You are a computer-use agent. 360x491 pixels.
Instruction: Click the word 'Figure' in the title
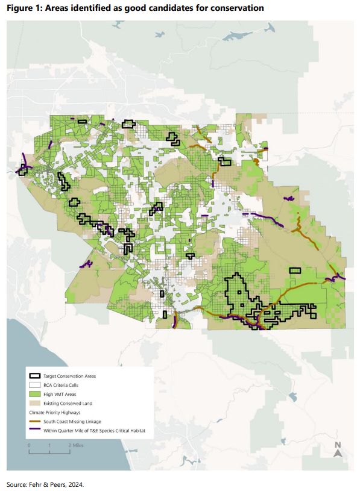point(22,8)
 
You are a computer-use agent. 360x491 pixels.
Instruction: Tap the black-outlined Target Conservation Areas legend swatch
point(34,375)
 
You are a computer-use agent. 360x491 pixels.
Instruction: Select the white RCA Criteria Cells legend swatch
point(34,384)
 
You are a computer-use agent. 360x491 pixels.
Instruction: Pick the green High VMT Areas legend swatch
point(34,393)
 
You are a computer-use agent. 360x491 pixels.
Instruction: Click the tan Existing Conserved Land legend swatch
point(34,402)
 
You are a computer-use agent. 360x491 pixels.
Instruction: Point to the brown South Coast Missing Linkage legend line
point(34,421)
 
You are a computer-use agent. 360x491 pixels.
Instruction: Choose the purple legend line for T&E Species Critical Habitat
point(34,430)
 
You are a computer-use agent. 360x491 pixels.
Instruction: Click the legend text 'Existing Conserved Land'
point(69,402)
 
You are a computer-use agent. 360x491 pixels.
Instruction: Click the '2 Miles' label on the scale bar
point(75,445)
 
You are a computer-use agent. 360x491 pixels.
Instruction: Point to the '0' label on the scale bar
point(29,445)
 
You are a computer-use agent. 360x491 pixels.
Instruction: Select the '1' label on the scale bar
point(49,445)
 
